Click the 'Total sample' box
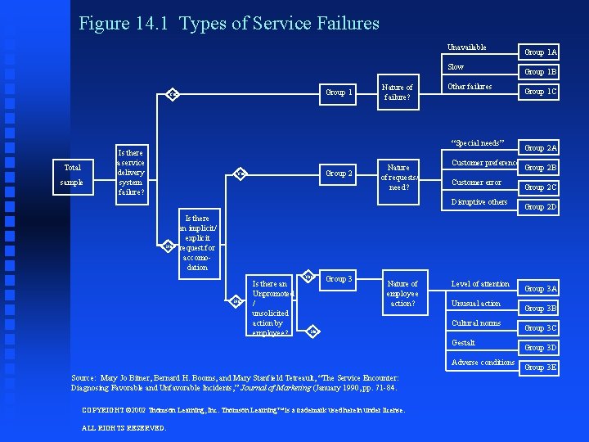click(x=72, y=174)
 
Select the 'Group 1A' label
click(x=540, y=52)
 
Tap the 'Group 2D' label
click(x=540, y=207)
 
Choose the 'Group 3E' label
click(x=540, y=368)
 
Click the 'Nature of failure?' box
click(x=398, y=92)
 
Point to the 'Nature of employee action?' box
click(x=402, y=293)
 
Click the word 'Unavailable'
click(x=466, y=47)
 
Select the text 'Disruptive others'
click(x=479, y=201)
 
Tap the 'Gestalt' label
click(x=463, y=342)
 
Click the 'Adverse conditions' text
click(x=483, y=362)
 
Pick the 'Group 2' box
click(x=339, y=174)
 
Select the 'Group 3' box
click(x=339, y=279)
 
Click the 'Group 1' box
click(x=339, y=92)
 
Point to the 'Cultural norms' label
click(x=476, y=322)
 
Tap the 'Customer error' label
click(x=476, y=183)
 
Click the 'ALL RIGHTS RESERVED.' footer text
click(x=124, y=427)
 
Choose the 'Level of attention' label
click(x=480, y=284)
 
